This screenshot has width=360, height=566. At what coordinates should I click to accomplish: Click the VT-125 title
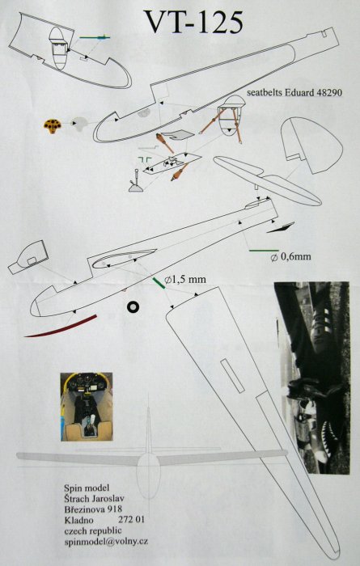(x=193, y=22)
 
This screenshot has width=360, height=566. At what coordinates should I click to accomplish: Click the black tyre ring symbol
(x=133, y=306)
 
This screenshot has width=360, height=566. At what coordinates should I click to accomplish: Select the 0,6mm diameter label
(x=291, y=256)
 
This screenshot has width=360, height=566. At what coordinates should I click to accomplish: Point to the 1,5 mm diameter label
(x=185, y=280)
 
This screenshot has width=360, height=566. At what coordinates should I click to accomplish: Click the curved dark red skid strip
(x=61, y=327)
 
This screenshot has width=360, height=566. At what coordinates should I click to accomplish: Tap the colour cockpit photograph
(x=87, y=407)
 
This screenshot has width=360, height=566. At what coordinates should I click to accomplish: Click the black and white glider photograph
(x=312, y=378)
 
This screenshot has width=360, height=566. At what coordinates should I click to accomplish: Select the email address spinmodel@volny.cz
(x=106, y=542)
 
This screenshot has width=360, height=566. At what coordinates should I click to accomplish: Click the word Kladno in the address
(x=78, y=520)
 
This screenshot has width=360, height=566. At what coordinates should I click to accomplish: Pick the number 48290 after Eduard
(x=328, y=92)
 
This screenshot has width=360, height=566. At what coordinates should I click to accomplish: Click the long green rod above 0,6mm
(x=264, y=250)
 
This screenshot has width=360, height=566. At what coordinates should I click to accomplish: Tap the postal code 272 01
(x=131, y=520)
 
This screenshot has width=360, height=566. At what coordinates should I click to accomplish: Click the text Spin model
(x=87, y=488)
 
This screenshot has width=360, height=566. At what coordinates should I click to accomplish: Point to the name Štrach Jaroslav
(x=95, y=499)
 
